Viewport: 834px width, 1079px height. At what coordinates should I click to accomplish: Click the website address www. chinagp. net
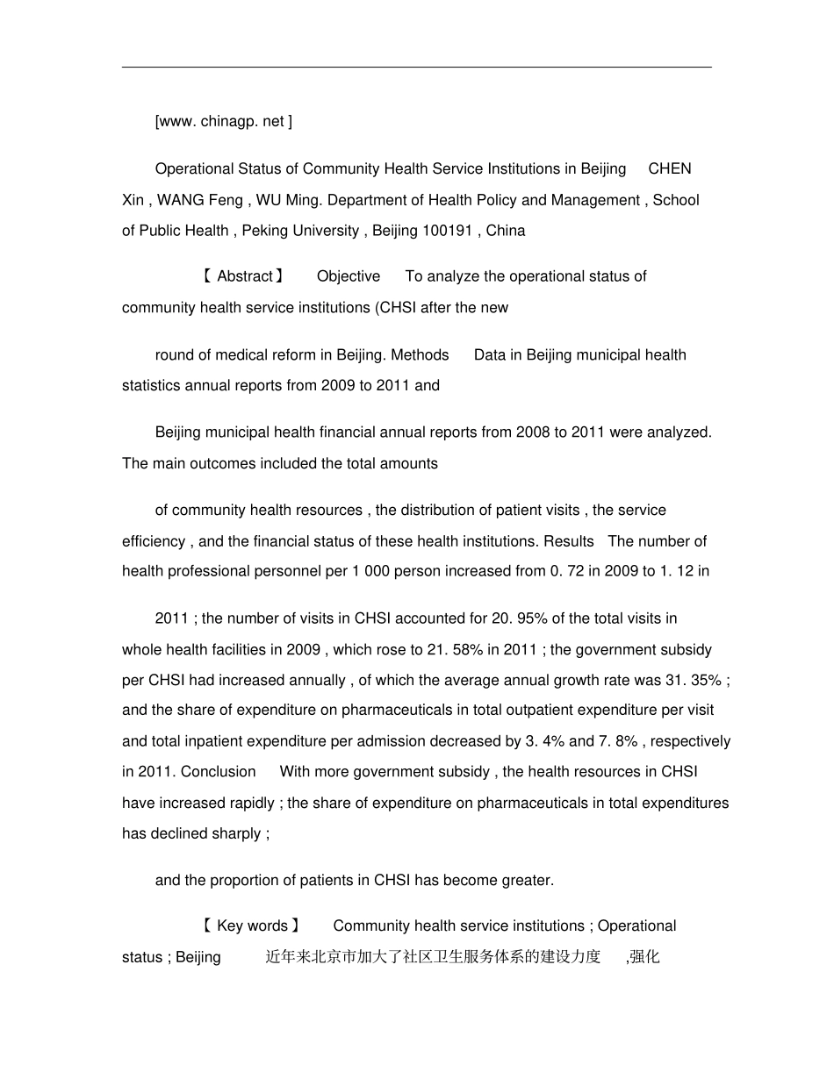pyautogui.click(x=223, y=122)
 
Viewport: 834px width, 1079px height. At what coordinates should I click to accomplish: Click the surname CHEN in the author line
pyautogui.click(x=669, y=168)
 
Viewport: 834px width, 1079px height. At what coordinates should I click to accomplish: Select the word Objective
pyautogui.click(x=349, y=276)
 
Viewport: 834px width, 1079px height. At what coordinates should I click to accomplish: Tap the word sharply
pyautogui.click(x=236, y=833)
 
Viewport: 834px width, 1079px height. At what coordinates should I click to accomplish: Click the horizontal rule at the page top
pyautogui.click(x=416, y=67)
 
